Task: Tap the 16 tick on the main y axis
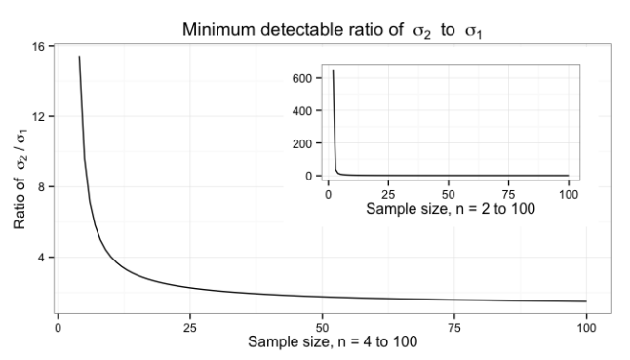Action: click(x=39, y=46)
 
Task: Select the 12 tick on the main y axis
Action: click(x=39, y=116)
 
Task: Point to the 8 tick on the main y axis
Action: click(x=42, y=186)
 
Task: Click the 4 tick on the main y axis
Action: click(x=42, y=257)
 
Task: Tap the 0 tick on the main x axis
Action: click(x=59, y=325)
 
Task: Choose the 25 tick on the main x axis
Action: click(x=190, y=325)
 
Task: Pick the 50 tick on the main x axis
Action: click(x=322, y=325)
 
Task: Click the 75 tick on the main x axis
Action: click(x=453, y=325)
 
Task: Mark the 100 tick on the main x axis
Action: click(x=585, y=325)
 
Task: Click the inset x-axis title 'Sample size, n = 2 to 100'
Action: click(x=449, y=209)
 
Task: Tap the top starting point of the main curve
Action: click(x=79, y=57)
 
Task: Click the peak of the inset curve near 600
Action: click(x=334, y=71)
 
